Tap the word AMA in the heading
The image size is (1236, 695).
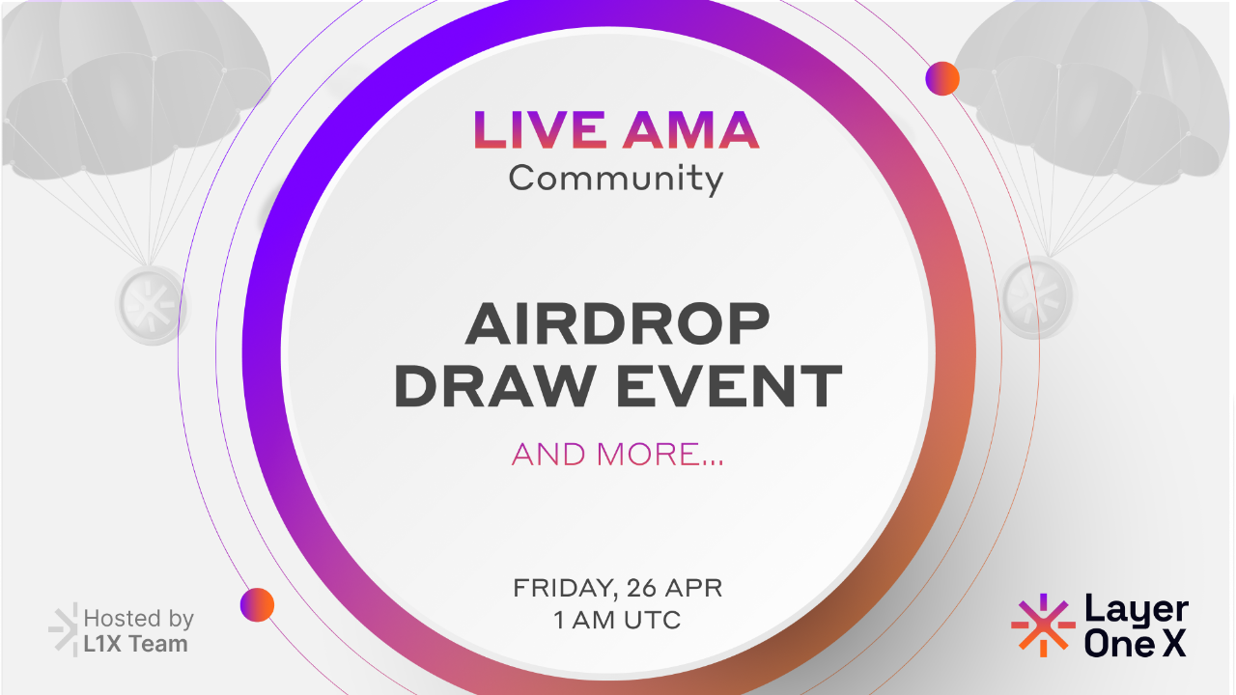point(688,131)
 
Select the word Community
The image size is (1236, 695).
point(616,179)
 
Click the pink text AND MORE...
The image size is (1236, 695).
point(617,454)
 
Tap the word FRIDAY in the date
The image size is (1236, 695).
point(564,587)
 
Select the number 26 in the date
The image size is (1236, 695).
point(644,587)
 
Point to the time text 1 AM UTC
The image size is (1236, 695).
point(617,620)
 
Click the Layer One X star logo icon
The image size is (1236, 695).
point(1043,625)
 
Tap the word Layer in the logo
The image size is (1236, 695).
point(1136,611)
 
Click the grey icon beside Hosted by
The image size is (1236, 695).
point(63,629)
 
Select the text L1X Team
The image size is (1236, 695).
point(135,644)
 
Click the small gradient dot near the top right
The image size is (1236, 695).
point(941,78)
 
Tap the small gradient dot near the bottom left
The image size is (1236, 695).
point(257,604)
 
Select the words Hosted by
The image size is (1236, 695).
point(139,618)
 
